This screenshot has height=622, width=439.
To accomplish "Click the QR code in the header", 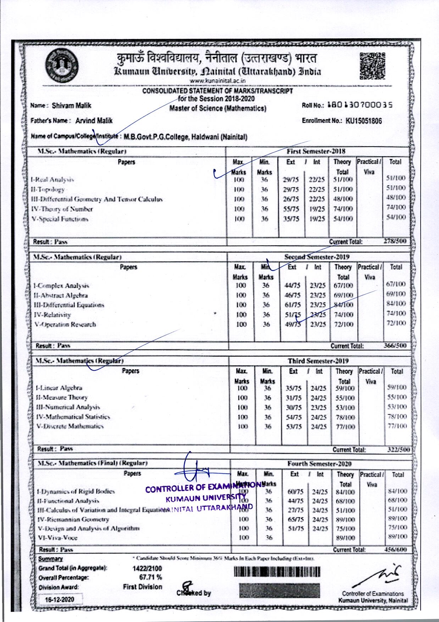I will pos(373,65).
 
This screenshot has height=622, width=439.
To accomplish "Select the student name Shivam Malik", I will pos(71,105).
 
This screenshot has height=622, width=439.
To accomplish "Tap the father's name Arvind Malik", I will pos(94,121).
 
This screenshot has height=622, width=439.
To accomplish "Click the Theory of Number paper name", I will pos(62,209).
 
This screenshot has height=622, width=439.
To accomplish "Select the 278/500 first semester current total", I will pos(395,241).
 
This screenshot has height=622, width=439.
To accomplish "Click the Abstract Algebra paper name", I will pos(61,295).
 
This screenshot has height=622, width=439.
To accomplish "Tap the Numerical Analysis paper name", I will pos(68,407).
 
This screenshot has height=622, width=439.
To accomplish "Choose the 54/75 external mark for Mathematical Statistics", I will pos(294,417).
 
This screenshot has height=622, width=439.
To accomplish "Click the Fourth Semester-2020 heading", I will pos(319,464).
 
